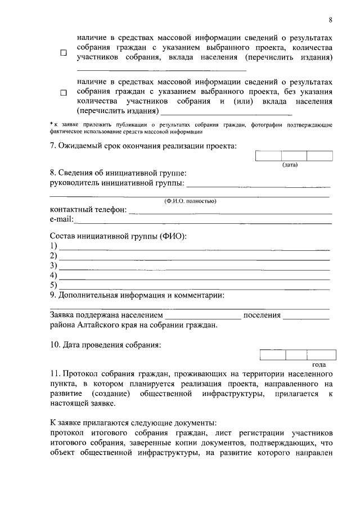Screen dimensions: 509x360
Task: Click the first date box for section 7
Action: click(x=268, y=156)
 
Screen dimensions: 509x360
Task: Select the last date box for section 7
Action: click(x=319, y=156)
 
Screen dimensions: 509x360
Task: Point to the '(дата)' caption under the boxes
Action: click(x=290, y=165)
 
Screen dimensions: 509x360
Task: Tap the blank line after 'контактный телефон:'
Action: click(x=231, y=213)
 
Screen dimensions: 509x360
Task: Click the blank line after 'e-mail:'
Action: click(x=202, y=222)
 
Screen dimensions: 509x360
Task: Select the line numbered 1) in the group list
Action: click(x=194, y=247)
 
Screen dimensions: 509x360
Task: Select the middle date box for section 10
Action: click(x=296, y=354)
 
